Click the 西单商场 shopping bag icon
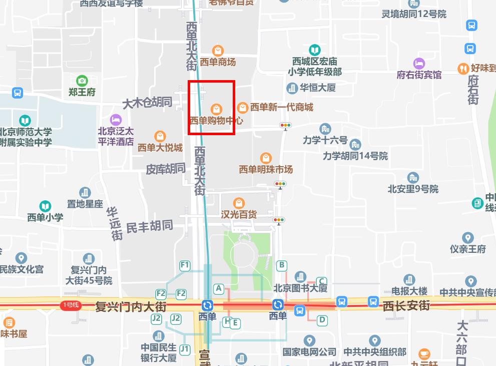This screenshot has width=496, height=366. [x=218, y=51]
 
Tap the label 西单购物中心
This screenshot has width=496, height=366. [x=216, y=121]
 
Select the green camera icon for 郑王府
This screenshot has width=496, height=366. [x=82, y=81]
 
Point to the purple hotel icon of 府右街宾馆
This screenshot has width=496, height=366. [x=419, y=64]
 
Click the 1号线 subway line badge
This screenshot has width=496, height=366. [x=70, y=305]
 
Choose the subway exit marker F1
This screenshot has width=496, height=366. [x=185, y=265]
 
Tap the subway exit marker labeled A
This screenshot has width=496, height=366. [x=218, y=288]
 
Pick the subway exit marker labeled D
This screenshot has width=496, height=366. [x=322, y=320]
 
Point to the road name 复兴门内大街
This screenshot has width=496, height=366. [x=131, y=306]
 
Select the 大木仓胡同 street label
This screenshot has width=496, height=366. [x=147, y=103]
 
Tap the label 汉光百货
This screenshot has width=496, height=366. [x=239, y=214]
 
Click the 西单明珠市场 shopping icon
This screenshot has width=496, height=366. [x=266, y=158]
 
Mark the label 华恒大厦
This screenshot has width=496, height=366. [x=317, y=88]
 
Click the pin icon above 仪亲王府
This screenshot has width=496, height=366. [x=468, y=238]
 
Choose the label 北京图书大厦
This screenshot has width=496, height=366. [x=300, y=288]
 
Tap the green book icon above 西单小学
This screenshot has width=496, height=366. [x=45, y=206]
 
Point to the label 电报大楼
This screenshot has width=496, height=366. [x=409, y=291]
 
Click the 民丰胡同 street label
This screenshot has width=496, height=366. [x=149, y=227]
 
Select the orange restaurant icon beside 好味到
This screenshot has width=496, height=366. [x=463, y=68]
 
